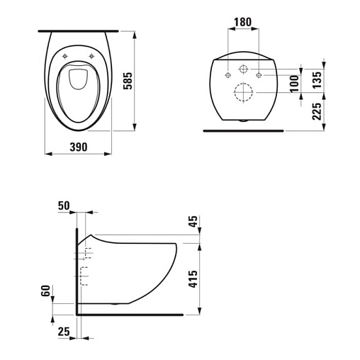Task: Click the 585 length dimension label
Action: point(128,81)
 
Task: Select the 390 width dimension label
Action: point(79,147)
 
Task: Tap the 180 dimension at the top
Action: point(242,22)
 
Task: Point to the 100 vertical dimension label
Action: point(294,84)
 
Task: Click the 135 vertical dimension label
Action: point(317,80)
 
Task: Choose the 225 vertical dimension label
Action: point(317,111)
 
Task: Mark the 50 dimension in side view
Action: point(64,206)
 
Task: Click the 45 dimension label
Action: point(193,221)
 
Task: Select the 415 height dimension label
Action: point(193,279)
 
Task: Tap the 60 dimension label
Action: point(46,291)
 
